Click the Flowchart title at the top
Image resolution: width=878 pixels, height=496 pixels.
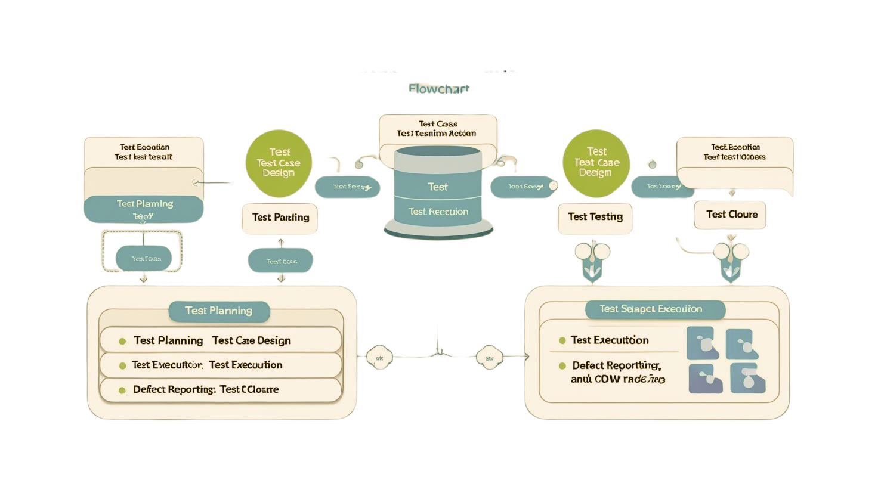click(x=438, y=89)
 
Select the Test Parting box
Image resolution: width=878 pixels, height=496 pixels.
click(x=280, y=218)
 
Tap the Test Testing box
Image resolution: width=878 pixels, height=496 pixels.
click(x=595, y=217)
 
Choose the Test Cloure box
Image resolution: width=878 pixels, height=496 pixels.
click(x=731, y=215)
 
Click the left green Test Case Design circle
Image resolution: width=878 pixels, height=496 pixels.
click(x=279, y=163)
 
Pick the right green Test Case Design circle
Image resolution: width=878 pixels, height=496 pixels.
click(x=596, y=163)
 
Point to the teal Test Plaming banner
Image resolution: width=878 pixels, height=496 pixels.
click(x=144, y=209)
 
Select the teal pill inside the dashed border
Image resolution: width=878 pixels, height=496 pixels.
click(x=144, y=258)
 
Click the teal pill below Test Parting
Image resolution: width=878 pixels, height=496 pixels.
click(x=280, y=261)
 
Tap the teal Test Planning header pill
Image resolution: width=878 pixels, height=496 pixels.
click(x=219, y=311)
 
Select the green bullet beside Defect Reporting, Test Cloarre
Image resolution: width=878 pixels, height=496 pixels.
click(x=122, y=390)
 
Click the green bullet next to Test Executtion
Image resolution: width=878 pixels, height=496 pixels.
click(x=562, y=340)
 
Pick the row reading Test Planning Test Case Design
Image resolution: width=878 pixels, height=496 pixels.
click(x=221, y=340)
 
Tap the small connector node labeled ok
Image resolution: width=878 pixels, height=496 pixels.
click(x=379, y=358)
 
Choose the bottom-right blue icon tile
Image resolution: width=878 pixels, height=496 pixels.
click(x=747, y=378)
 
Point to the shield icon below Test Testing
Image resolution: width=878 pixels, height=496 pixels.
click(x=592, y=261)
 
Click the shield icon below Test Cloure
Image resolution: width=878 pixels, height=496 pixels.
click(x=731, y=261)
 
